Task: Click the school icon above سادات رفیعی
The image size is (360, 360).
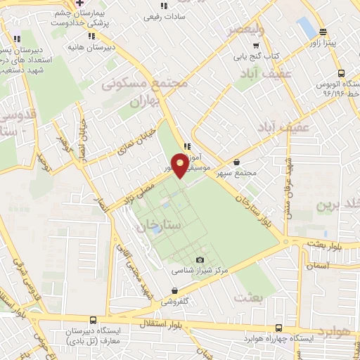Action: pos(164,6)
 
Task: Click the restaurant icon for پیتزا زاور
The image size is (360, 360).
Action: pos(323,32)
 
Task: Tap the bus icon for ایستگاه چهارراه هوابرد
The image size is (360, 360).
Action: pos(279,328)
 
